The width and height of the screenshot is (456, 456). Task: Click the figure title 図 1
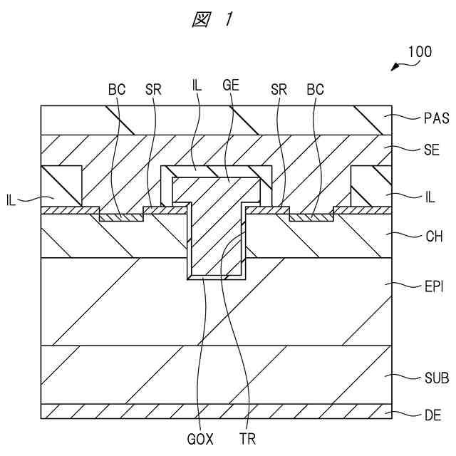coord(212,20)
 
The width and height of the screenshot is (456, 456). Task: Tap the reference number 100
coord(420,52)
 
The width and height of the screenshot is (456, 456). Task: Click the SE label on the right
coord(432,150)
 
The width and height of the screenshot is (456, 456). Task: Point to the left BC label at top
coord(117,90)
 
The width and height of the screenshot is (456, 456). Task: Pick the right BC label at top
coord(315,90)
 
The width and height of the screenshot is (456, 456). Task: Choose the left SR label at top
coord(152,90)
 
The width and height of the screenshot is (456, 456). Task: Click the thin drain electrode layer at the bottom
coord(214,412)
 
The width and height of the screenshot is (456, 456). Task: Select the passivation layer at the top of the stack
coord(214,120)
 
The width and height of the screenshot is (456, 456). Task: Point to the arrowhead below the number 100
coord(393,68)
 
